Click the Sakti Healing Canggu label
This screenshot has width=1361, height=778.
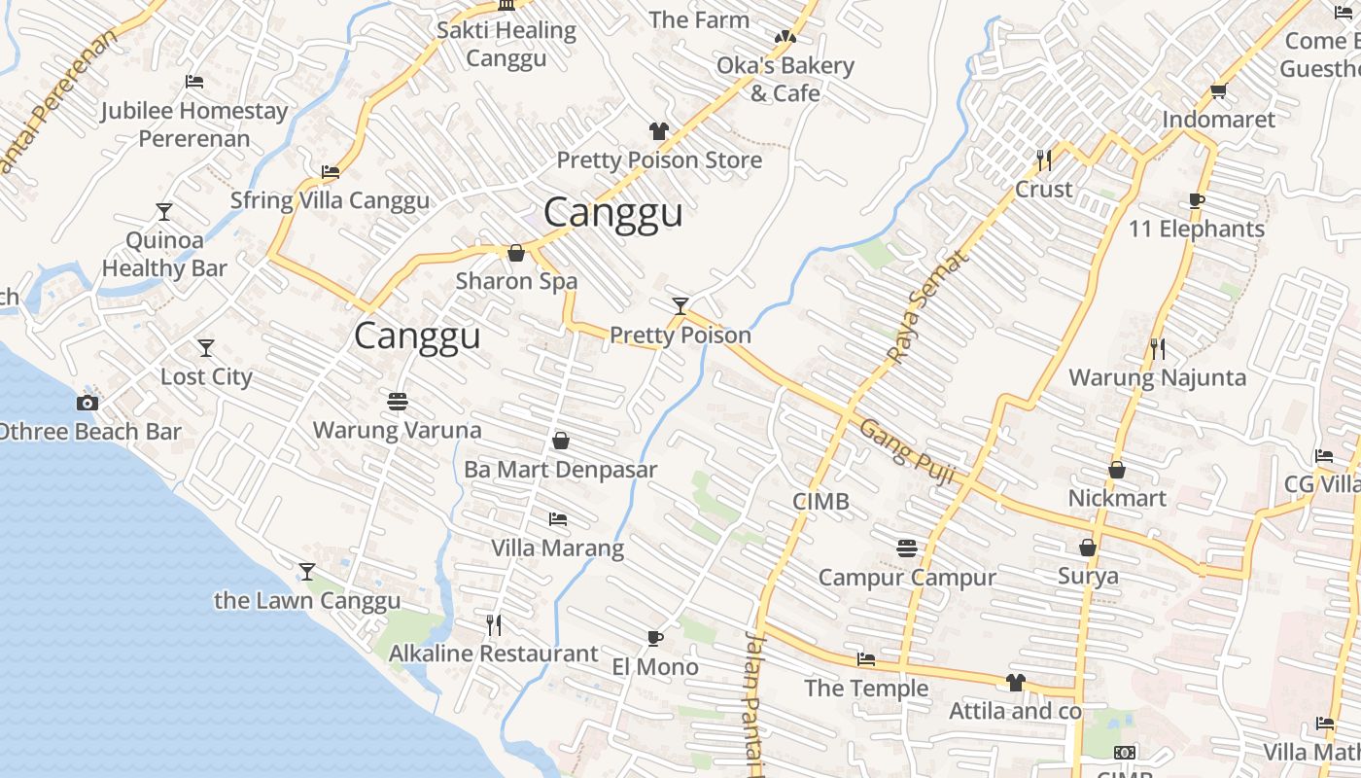click(x=506, y=44)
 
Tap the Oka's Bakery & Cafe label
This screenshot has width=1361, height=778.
click(x=785, y=79)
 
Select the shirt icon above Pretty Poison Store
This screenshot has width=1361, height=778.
click(x=659, y=131)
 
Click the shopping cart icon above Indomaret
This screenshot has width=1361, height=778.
click(x=1218, y=91)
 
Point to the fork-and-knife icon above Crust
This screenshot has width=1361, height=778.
click(x=1044, y=159)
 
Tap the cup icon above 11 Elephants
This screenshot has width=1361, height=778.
click(x=1197, y=201)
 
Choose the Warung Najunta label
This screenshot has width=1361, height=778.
click(x=1157, y=377)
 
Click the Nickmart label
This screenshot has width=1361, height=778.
click(x=1117, y=498)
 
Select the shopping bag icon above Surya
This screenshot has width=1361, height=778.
click(x=1088, y=548)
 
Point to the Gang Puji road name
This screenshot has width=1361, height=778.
click(x=907, y=452)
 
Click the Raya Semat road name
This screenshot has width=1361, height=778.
click(x=928, y=305)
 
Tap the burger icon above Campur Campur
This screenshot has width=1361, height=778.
click(x=907, y=549)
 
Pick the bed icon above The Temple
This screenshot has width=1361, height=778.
click(x=866, y=660)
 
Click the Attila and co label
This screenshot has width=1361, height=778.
click(x=1015, y=711)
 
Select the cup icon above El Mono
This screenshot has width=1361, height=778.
click(x=655, y=639)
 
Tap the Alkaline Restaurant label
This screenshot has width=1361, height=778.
click(x=493, y=654)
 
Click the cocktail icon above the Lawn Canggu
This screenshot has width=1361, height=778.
click(x=307, y=572)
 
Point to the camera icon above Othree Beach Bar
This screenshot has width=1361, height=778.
click(x=87, y=403)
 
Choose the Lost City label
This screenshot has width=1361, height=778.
click(x=206, y=376)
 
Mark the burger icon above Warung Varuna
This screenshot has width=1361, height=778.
click(x=397, y=401)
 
